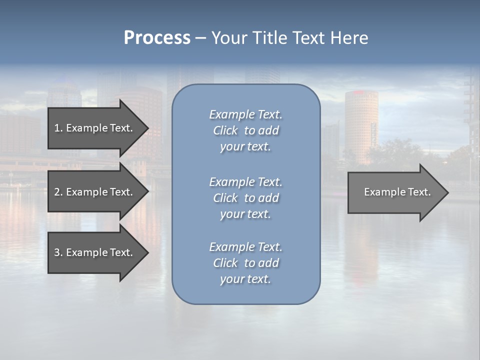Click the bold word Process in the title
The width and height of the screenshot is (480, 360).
pos(157,38)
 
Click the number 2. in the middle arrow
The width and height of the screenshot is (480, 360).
pos(58,192)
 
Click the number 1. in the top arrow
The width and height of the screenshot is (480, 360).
pos(58,128)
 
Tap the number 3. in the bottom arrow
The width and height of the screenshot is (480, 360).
pos(58,252)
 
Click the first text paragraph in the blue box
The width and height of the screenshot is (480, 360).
pos(245,130)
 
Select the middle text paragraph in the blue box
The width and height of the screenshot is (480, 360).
pos(245,198)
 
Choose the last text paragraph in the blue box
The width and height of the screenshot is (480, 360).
pos(245,263)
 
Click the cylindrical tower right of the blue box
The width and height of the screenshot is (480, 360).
pos(361,125)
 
